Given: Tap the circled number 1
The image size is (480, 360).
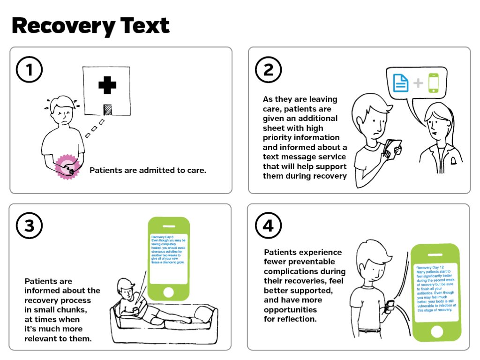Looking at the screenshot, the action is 29,69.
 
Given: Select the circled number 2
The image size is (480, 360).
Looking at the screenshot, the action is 268,69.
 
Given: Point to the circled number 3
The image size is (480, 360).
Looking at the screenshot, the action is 29,225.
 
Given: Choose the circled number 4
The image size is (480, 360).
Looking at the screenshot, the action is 268,225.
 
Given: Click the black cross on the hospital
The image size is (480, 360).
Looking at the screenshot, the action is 107,85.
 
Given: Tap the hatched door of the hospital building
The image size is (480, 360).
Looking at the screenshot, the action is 107,110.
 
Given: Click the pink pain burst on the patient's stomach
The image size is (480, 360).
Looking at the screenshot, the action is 67,167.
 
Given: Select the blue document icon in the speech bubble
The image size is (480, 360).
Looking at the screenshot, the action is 401,83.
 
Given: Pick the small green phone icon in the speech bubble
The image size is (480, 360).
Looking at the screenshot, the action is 433,82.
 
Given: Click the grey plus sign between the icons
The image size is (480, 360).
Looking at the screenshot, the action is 418,83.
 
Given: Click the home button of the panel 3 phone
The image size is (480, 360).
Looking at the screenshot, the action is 168,292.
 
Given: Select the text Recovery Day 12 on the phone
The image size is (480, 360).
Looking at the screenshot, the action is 430,268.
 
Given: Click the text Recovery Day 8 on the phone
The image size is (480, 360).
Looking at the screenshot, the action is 162,237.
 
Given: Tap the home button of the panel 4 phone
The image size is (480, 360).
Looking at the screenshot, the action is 437,332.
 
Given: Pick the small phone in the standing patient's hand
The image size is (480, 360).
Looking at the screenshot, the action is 390,306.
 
